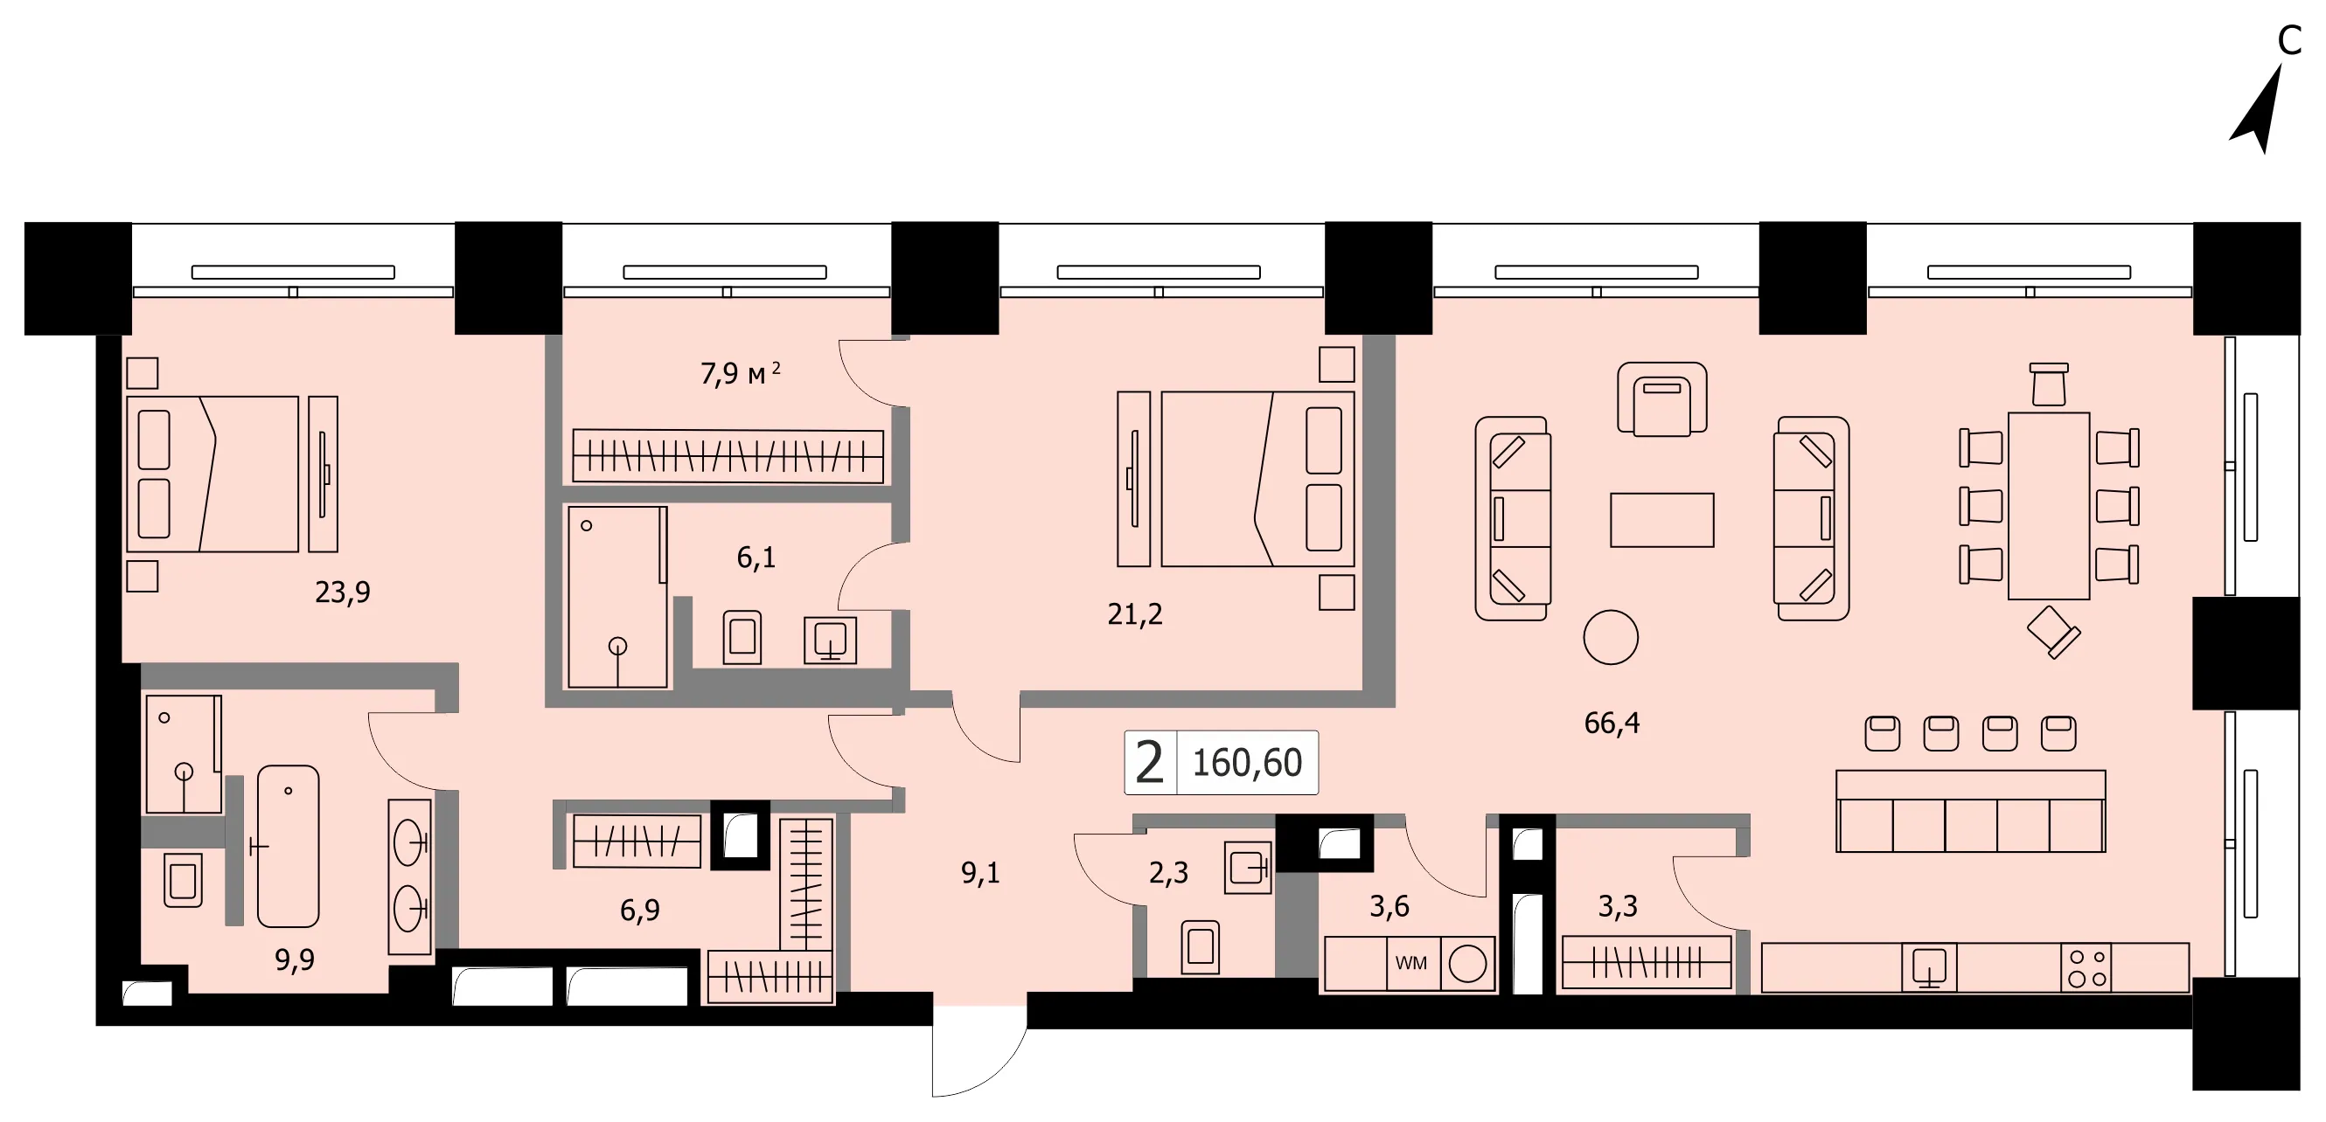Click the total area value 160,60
click(x=1247, y=763)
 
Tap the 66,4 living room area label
click(x=1612, y=723)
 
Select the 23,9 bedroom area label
click(x=342, y=592)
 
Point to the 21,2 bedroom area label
click(x=1135, y=614)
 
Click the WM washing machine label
click(x=1411, y=963)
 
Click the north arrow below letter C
click(x=2260, y=108)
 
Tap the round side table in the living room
click(x=1611, y=637)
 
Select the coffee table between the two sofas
click(x=1661, y=520)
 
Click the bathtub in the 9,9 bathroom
click(x=288, y=846)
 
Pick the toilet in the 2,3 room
click(x=1200, y=947)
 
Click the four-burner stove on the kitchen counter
click(x=2087, y=967)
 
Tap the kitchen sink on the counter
click(x=1929, y=966)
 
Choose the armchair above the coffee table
click(x=1661, y=399)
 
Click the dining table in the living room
click(x=2049, y=505)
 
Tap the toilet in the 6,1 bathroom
click(x=742, y=637)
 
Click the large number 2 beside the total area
click(x=1150, y=763)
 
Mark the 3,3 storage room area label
click(x=1617, y=906)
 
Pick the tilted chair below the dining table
click(x=2053, y=632)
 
